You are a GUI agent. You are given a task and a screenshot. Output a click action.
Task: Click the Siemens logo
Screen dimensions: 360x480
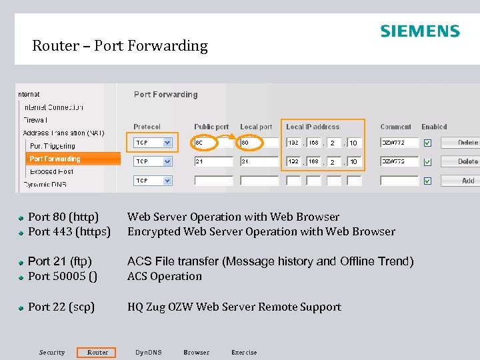point(420,31)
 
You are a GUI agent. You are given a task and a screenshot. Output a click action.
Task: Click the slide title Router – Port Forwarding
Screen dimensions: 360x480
point(120,46)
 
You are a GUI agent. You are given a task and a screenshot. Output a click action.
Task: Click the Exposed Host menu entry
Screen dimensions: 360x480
point(51,171)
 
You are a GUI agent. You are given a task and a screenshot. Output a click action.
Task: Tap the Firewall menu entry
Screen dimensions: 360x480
point(35,120)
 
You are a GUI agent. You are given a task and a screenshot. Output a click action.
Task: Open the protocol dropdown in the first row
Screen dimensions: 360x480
point(167,143)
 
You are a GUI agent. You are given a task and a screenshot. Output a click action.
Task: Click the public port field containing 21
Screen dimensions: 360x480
point(213,161)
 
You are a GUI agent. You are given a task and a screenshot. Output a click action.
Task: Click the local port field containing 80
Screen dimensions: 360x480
point(259,143)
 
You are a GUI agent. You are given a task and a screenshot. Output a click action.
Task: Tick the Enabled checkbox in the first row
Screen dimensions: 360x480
point(427,143)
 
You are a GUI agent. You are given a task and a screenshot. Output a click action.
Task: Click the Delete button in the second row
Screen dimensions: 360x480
point(467,161)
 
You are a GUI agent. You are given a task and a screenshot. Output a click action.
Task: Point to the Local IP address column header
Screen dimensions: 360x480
point(313,127)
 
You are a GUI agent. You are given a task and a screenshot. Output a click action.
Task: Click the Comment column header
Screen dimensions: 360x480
point(395,127)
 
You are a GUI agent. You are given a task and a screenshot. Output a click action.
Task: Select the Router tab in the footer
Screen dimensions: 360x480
point(97,352)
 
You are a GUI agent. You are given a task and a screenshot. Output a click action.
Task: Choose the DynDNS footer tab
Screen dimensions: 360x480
point(148,352)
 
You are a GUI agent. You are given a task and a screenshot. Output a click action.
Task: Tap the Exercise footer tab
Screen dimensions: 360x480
point(244,352)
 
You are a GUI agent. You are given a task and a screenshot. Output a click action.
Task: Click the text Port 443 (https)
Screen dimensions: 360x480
point(69,231)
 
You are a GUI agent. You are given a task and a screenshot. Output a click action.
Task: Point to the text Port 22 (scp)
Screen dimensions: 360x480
point(61,307)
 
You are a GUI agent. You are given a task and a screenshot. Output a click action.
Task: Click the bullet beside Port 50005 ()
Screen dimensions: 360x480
point(22,277)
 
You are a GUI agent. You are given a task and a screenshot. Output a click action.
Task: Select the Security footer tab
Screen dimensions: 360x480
point(52,352)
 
